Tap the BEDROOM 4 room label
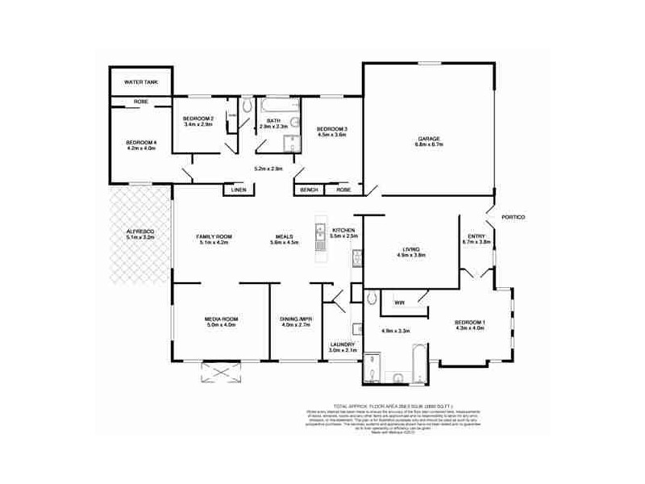coord(140,143)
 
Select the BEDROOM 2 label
coord(198,119)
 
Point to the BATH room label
coord(273,122)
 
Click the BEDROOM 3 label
coord(331,130)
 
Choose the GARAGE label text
coord(429,139)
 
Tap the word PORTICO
coord(513,218)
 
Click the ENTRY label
coord(476,236)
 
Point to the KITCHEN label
coord(344,232)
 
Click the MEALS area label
coord(285,236)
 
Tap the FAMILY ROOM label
coord(214,236)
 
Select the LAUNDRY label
coord(343,344)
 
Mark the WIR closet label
coord(399,302)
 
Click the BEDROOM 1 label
coord(470,323)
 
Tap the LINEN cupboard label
coord(239,190)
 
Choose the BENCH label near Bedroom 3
coord(309,190)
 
